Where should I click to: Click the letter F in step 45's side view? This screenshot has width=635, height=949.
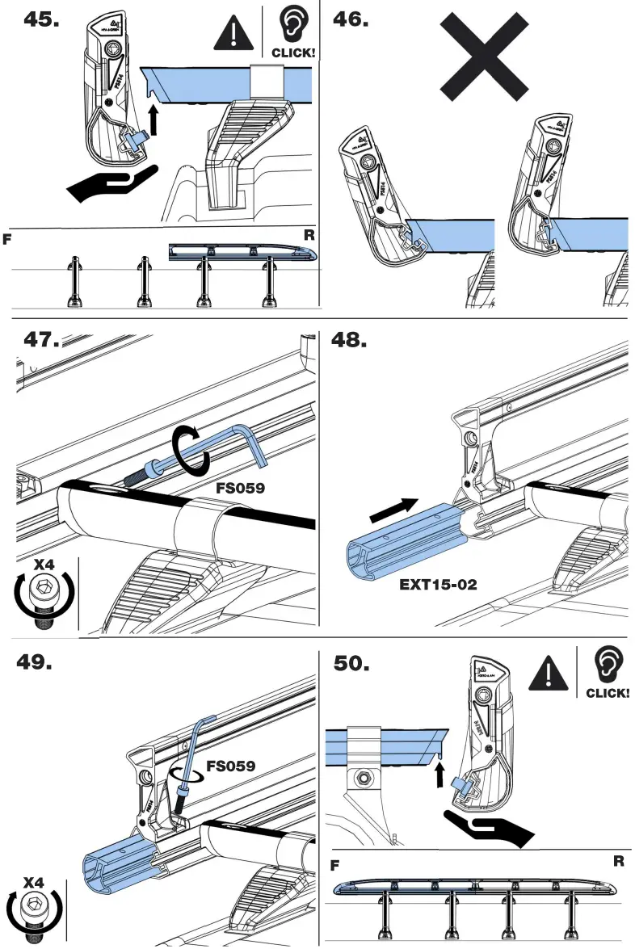pos(6,240)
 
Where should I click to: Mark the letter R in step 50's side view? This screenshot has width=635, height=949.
pos(618,861)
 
